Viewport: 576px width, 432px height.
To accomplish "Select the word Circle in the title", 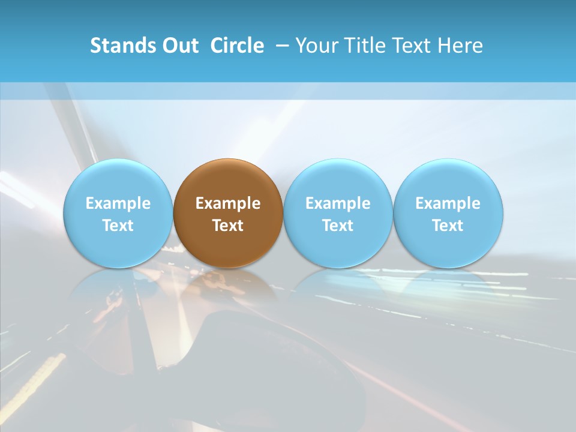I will (237, 46).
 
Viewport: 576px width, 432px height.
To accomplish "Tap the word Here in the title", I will (459, 46).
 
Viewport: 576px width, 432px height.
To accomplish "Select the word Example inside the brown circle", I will (228, 203).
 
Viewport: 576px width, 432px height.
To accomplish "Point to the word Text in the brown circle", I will (228, 226).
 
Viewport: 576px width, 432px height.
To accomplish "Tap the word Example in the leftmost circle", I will (118, 203).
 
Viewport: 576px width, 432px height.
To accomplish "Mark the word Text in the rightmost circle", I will (448, 226).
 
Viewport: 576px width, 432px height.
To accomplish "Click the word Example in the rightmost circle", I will (448, 203).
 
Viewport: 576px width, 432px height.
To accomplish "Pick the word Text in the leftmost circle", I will (118, 226).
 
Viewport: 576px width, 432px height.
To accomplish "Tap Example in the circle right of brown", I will (338, 203).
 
